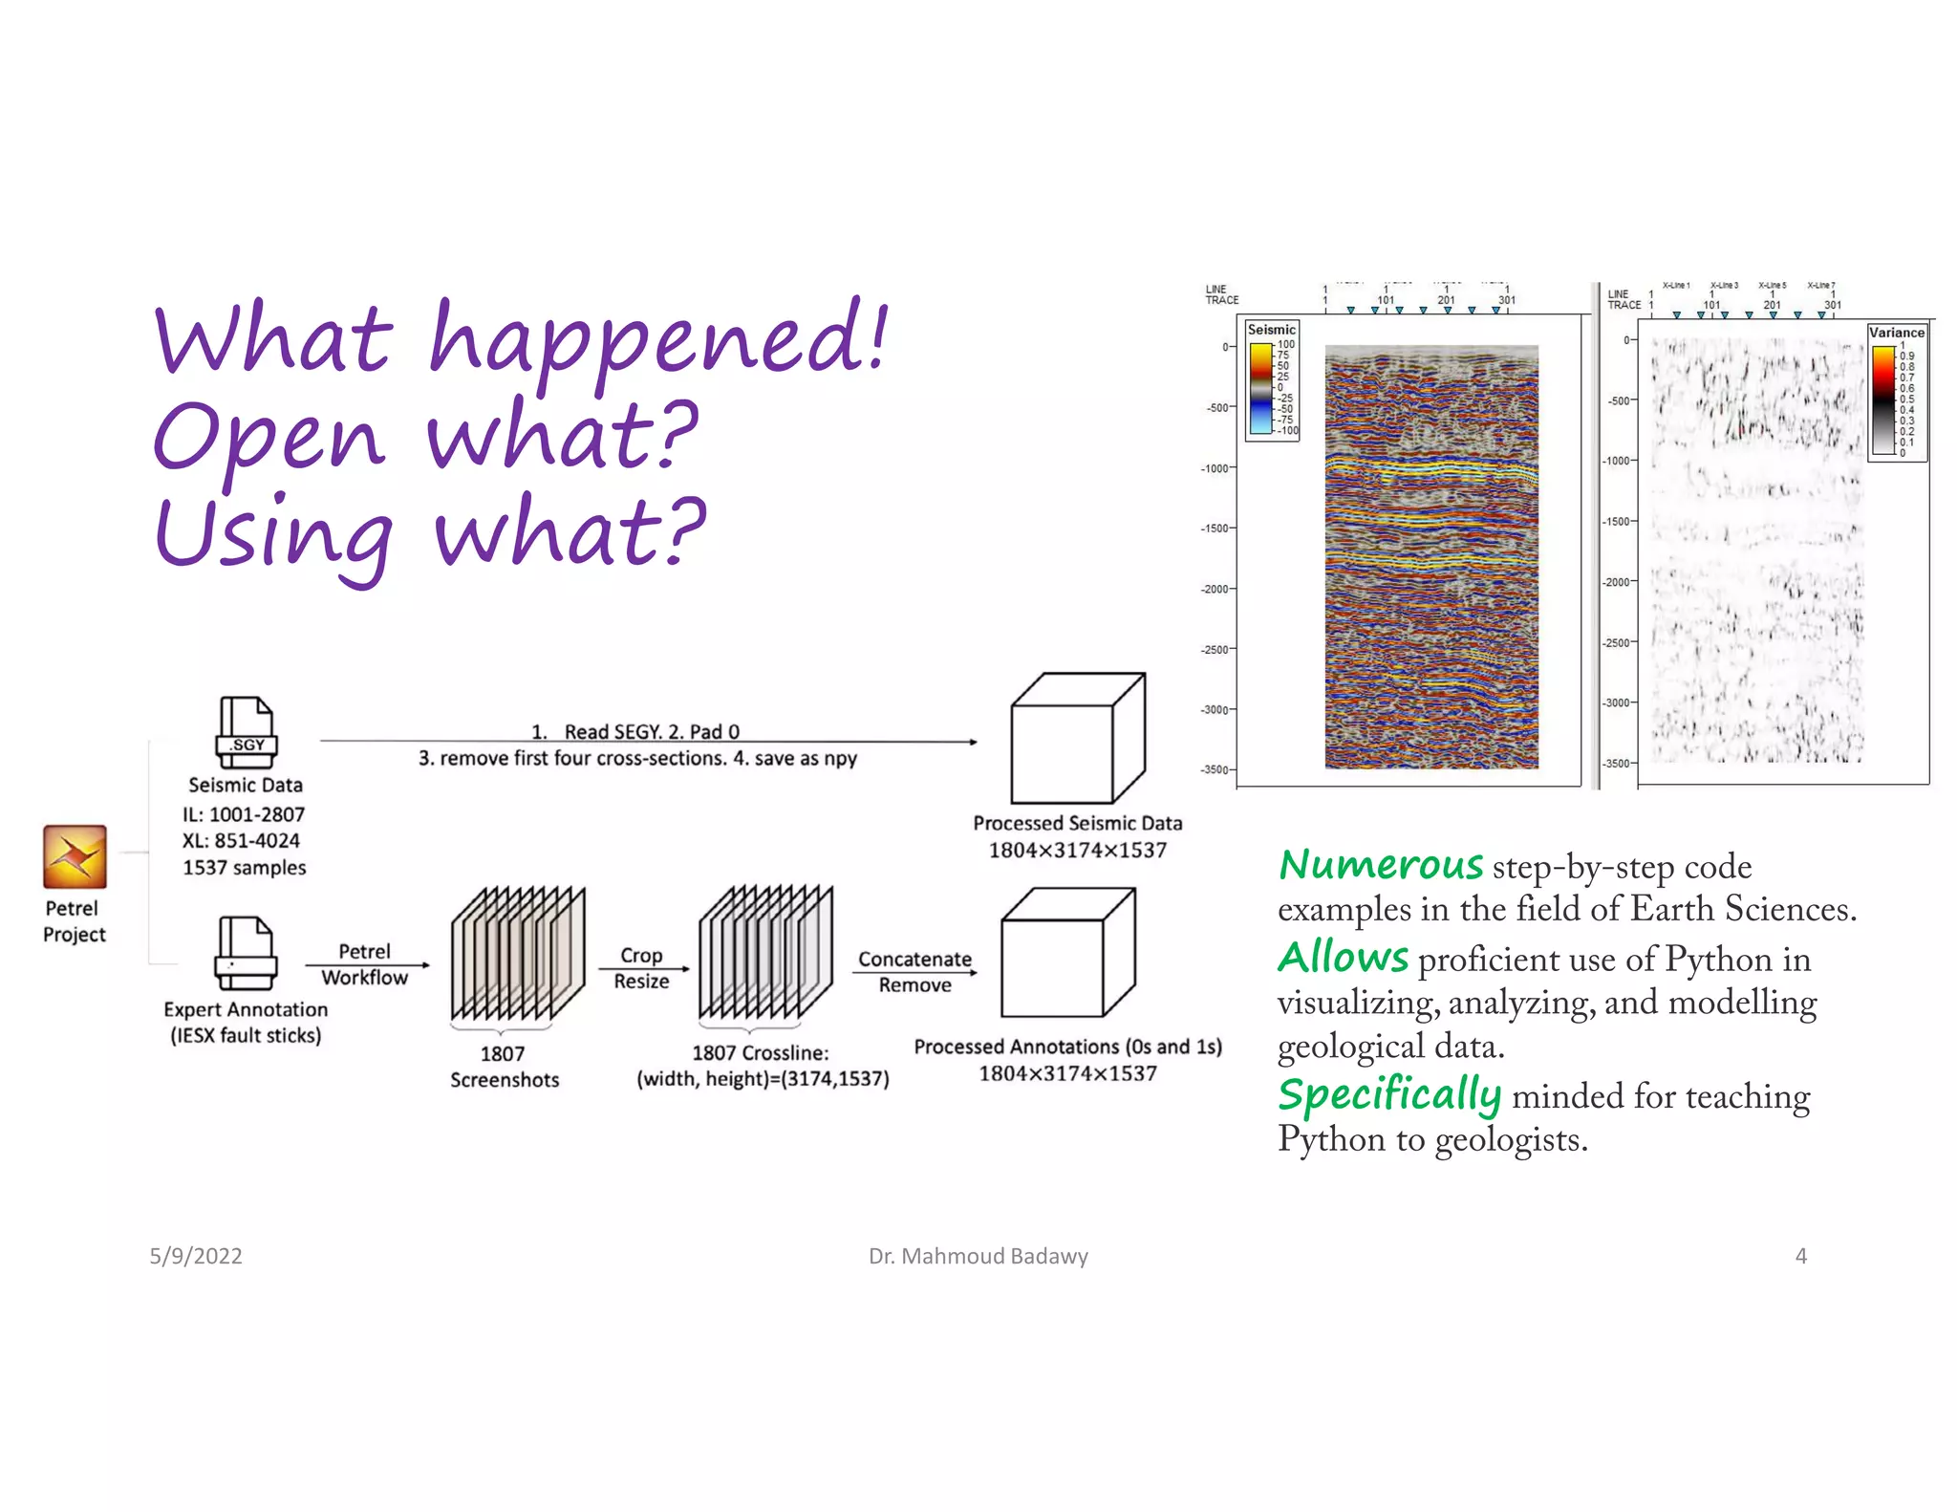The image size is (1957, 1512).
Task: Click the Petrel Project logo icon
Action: pyautogui.click(x=75, y=856)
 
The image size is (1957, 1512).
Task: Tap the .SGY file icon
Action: pyautogui.click(x=247, y=732)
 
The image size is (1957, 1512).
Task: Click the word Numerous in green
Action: pyautogui.click(x=1381, y=865)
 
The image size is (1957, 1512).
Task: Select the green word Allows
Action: pyautogui.click(x=1344, y=958)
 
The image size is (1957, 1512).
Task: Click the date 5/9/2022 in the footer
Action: pyautogui.click(x=196, y=1256)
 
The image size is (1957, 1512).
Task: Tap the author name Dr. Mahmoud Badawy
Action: pyautogui.click(x=978, y=1256)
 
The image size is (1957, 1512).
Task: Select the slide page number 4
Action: pyautogui.click(x=1800, y=1256)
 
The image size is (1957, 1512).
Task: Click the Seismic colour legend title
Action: pyautogui.click(x=1271, y=330)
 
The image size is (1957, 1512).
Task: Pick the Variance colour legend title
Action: pyautogui.click(x=1896, y=333)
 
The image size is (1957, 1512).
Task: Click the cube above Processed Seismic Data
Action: pyautogui.click(x=1077, y=739)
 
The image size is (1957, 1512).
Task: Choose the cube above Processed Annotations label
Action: pyautogui.click(x=1067, y=953)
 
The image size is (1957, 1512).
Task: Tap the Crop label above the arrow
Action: pyautogui.click(x=641, y=955)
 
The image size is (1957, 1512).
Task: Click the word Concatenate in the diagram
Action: pyautogui.click(x=914, y=959)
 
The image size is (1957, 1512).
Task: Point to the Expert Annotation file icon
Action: pyautogui.click(x=247, y=953)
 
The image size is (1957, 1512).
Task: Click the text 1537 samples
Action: pyautogui.click(x=245, y=868)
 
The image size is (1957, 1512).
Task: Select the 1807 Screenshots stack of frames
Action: pyautogui.click(x=518, y=954)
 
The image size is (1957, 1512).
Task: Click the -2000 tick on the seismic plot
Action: pyautogui.click(x=1215, y=589)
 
